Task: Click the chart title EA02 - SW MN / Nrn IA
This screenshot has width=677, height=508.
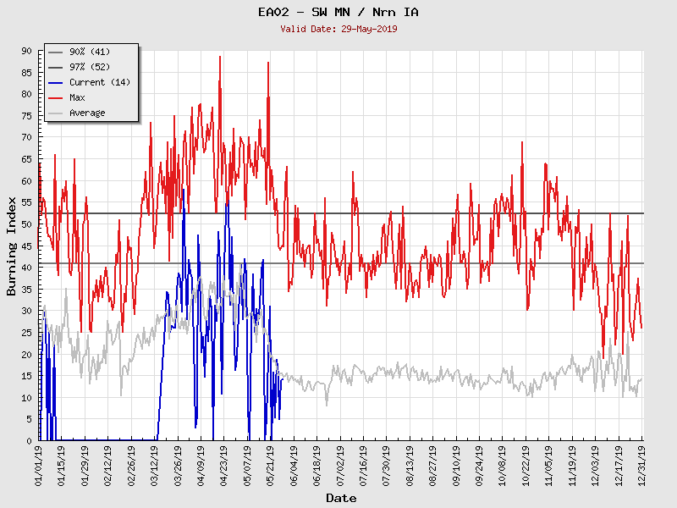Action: pyautogui.click(x=338, y=12)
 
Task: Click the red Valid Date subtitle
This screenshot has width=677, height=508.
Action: pyautogui.click(x=338, y=29)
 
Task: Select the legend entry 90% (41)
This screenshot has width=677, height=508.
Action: pyautogui.click(x=87, y=52)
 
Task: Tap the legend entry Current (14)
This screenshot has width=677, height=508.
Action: pyautogui.click(x=99, y=82)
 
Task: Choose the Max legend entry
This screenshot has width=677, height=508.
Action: pyautogui.click(x=77, y=97)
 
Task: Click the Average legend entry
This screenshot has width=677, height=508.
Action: pyautogui.click(x=87, y=113)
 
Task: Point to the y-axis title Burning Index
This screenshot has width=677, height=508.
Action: pyautogui.click(x=12, y=246)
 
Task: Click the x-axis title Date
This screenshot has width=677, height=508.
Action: pyautogui.click(x=340, y=499)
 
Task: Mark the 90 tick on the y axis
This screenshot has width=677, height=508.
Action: pyautogui.click(x=26, y=51)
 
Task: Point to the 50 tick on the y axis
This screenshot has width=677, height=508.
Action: pyautogui.click(x=26, y=224)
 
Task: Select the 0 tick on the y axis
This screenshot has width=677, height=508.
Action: pyautogui.click(x=29, y=440)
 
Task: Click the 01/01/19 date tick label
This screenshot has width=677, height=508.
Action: pyautogui.click(x=39, y=464)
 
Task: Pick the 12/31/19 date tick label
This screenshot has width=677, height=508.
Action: pyautogui.click(x=642, y=464)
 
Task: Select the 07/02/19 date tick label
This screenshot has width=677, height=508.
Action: pyautogui.click(x=340, y=464)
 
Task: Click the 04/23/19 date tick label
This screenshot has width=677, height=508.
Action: pyautogui.click(x=224, y=464)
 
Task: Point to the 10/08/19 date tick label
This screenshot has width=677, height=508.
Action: pyautogui.click(x=503, y=464)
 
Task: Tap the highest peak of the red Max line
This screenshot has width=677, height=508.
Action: pyautogui.click(x=220, y=57)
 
